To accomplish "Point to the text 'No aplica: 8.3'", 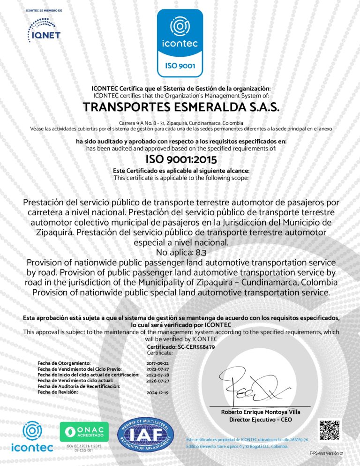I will tap(180, 253).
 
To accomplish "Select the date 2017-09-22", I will tap(157, 363).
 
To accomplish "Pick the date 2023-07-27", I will tap(157, 369).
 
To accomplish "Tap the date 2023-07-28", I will tap(157, 375).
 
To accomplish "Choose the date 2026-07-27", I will tap(157, 381).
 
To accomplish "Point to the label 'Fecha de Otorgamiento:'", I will tap(64, 363).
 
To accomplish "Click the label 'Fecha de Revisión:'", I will tap(58, 392).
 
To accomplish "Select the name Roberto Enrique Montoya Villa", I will tap(261, 412).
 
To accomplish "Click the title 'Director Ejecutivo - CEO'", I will tap(261, 420).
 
